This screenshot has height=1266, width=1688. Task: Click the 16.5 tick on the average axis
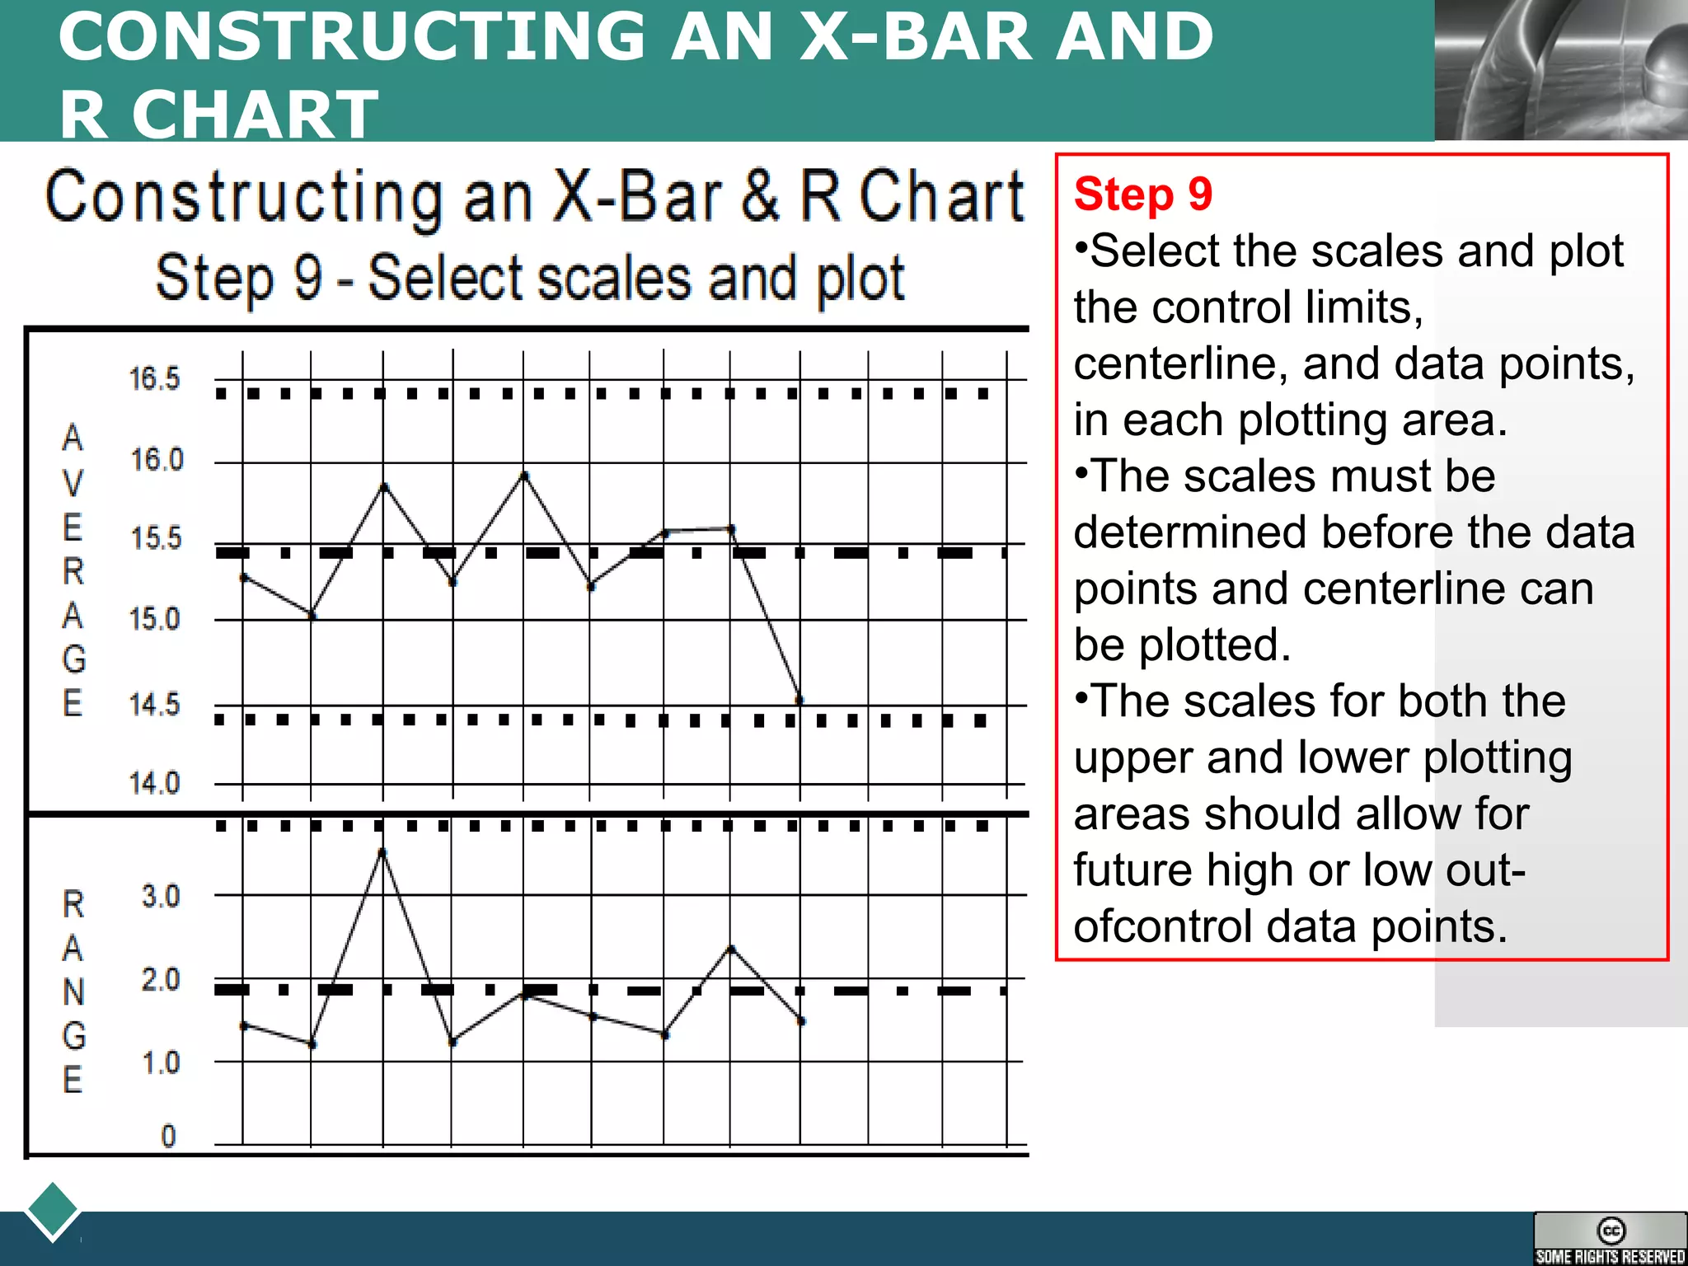pyautogui.click(x=154, y=378)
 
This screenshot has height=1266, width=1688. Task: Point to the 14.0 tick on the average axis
pyautogui.click(x=154, y=782)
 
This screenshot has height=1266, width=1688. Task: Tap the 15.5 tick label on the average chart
pyautogui.click(x=156, y=538)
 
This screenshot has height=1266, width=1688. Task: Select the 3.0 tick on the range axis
pyautogui.click(x=160, y=896)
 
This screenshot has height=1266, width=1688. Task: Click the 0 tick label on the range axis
pyautogui.click(x=168, y=1137)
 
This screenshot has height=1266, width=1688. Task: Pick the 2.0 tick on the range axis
pyautogui.click(x=160, y=979)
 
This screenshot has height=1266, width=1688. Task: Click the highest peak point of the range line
pyautogui.click(x=382, y=851)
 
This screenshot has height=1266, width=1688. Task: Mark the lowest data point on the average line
pyautogui.click(x=799, y=700)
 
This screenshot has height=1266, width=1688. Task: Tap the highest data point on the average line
pyautogui.click(x=525, y=476)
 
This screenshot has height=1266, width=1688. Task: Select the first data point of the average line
pyautogui.click(x=243, y=578)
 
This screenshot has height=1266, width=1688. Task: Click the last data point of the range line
pyautogui.click(x=801, y=1021)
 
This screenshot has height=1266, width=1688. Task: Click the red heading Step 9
pyautogui.click(x=1142, y=195)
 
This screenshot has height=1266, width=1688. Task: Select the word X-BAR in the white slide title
pyautogui.click(x=915, y=36)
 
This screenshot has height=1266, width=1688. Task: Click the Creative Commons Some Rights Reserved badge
pyautogui.click(x=1609, y=1239)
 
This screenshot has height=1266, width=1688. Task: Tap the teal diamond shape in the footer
pyautogui.click(x=53, y=1211)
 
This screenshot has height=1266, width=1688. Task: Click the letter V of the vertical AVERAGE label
pyautogui.click(x=73, y=483)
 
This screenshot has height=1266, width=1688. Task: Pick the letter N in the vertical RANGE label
pyautogui.click(x=73, y=992)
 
